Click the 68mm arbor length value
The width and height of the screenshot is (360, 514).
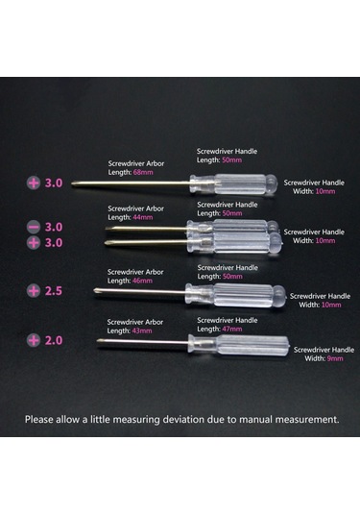point(143,172)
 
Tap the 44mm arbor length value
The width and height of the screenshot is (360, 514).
point(142,217)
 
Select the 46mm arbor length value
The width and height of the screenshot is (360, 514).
point(142,281)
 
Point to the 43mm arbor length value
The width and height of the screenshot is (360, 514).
point(142,331)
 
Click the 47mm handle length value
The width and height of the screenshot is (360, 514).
point(232,330)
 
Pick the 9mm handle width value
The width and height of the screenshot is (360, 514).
point(335,358)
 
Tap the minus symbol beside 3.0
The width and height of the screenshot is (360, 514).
point(34,227)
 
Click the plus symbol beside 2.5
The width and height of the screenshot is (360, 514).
point(34,291)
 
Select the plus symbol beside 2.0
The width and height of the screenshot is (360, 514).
point(34,340)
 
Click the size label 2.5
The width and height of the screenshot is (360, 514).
point(54,291)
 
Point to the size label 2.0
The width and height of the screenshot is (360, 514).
point(54,341)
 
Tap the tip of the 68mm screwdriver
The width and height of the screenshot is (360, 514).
point(72,184)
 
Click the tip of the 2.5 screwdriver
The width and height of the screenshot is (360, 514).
point(94,290)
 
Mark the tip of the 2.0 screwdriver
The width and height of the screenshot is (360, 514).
point(97,341)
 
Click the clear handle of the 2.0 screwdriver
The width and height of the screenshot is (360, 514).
point(239,345)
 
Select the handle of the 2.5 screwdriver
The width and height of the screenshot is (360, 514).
point(235,295)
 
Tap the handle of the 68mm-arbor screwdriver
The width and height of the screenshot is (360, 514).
point(233,184)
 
